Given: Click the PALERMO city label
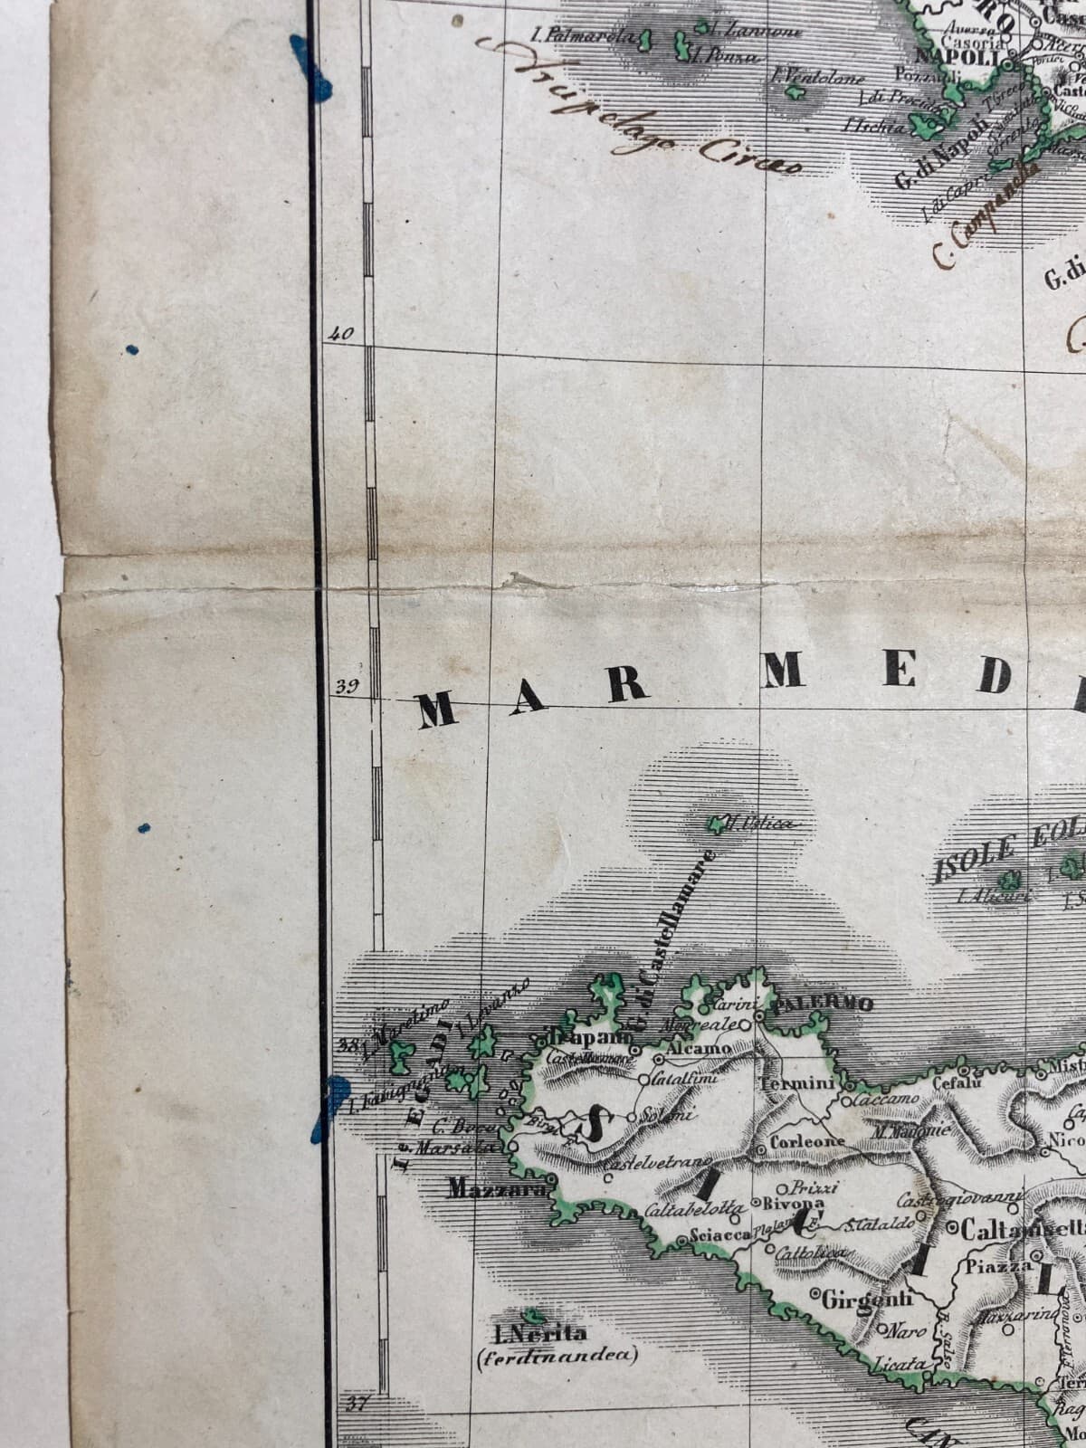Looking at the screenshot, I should [824, 1004].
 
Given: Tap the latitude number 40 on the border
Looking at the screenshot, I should [340, 333].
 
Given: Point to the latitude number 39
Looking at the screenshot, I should [347, 685].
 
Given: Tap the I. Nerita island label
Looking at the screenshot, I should [540, 1333].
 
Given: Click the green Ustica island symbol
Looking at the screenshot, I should [719, 824].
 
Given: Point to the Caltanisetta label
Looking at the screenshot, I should [1023, 1229].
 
